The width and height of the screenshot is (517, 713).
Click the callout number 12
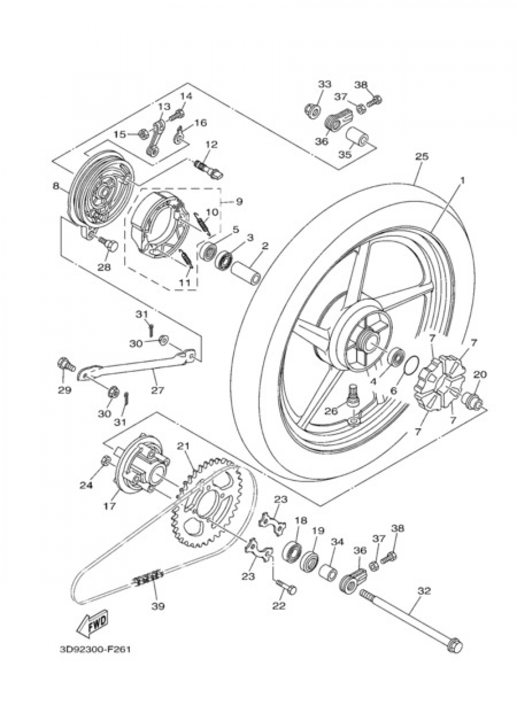pyautogui.click(x=211, y=145)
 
